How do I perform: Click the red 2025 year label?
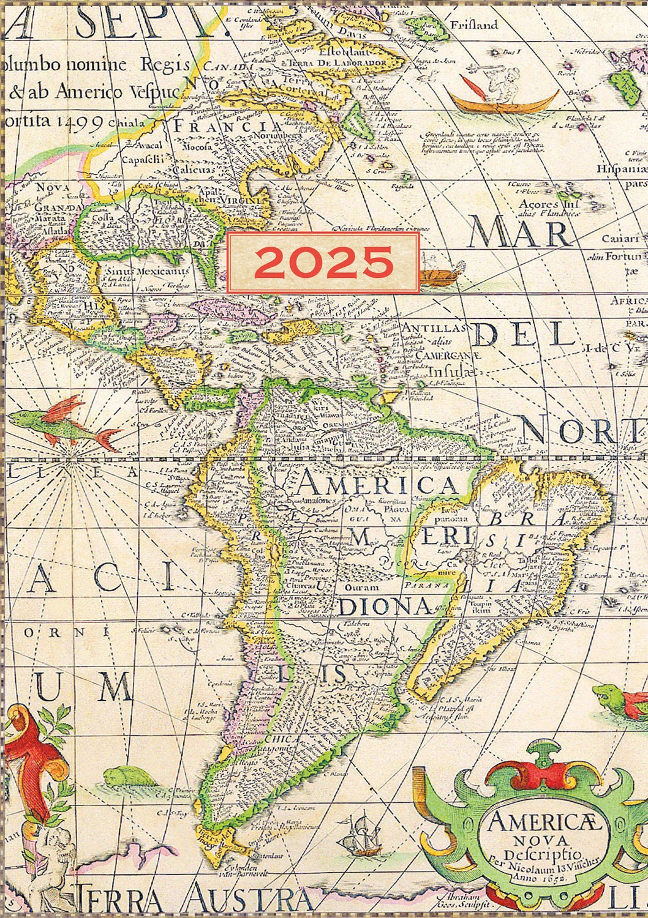[x=323, y=263]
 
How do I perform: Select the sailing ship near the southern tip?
[x=363, y=835]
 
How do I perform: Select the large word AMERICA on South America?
[x=377, y=485]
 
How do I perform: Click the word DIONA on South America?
[x=385, y=606]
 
